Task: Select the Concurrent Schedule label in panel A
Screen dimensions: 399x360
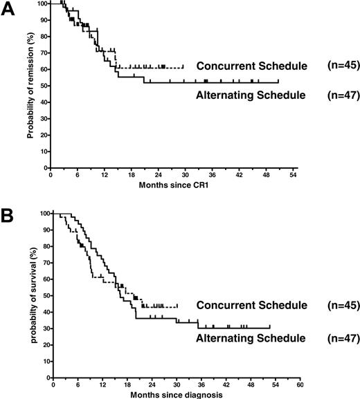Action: click(x=251, y=66)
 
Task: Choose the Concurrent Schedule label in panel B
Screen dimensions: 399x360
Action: click(x=251, y=306)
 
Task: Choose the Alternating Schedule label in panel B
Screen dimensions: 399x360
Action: click(x=251, y=338)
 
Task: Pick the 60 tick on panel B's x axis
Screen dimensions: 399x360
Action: click(x=299, y=384)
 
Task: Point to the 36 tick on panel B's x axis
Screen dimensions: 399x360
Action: click(x=199, y=384)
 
